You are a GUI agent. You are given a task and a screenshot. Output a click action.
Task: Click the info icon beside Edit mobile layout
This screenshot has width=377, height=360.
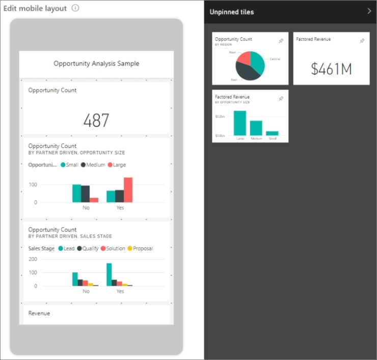click(75, 8)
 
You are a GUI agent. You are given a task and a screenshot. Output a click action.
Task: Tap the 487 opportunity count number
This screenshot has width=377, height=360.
click(96, 120)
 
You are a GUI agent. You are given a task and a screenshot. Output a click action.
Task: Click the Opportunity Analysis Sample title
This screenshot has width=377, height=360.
click(96, 64)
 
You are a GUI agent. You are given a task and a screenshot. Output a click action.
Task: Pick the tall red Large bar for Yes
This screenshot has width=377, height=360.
click(128, 190)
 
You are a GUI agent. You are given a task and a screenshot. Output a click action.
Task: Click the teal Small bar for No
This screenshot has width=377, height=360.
click(76, 193)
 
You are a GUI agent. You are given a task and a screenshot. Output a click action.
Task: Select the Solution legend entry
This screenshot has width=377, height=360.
click(114, 248)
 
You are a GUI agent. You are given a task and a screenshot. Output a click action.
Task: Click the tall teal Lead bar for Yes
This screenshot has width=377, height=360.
click(109, 274)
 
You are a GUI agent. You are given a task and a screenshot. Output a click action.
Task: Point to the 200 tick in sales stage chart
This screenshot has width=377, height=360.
click(33, 259)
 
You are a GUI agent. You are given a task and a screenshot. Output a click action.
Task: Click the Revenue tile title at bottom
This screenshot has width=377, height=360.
click(39, 313)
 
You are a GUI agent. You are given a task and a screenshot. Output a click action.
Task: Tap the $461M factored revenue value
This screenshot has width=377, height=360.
click(331, 69)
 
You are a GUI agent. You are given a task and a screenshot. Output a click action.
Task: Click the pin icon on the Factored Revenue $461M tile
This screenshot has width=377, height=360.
click(362, 41)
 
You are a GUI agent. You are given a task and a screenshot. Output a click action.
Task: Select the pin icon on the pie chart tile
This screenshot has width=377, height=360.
click(281, 41)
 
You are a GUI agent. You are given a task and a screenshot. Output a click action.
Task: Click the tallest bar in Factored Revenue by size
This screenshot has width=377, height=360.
click(240, 123)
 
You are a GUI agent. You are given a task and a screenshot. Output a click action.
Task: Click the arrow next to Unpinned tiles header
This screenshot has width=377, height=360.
click(369, 11)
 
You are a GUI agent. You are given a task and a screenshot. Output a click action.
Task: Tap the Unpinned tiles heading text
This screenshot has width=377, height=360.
click(232, 12)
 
